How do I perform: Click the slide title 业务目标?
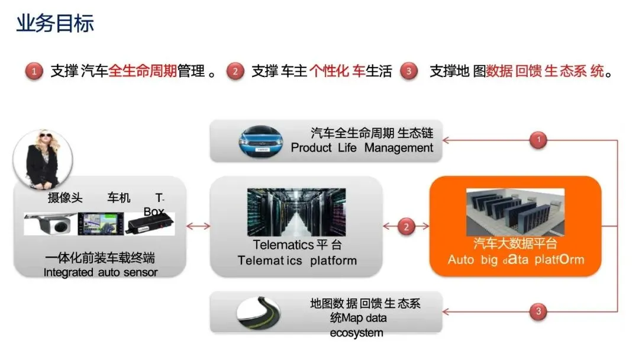(x=55, y=24)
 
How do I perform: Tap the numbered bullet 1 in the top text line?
(x=34, y=72)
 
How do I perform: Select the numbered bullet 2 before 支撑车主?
(x=235, y=72)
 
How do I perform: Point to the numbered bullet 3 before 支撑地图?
(x=408, y=72)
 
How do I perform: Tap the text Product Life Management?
(x=362, y=148)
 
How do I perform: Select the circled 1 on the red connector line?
(x=538, y=140)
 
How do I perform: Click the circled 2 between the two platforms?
(x=406, y=226)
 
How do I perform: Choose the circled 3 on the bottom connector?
(x=538, y=311)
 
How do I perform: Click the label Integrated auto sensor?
(x=101, y=272)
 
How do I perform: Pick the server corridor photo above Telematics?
(x=296, y=212)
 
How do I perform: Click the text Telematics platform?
(x=297, y=261)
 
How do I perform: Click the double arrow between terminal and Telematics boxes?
(x=198, y=226)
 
